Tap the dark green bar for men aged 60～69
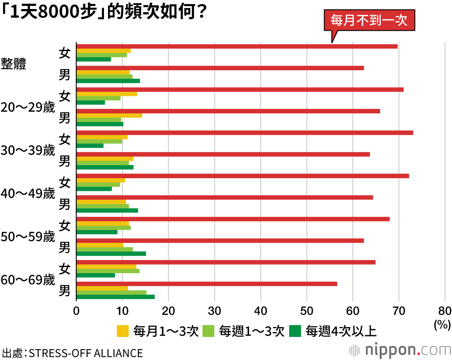[x=115, y=297]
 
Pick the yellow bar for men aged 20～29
[x=109, y=115]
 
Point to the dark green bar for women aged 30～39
[x=90, y=145]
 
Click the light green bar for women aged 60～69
[x=108, y=271]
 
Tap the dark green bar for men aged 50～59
[x=111, y=253]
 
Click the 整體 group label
[x=14, y=64]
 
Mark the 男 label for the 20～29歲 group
[x=65, y=118]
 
